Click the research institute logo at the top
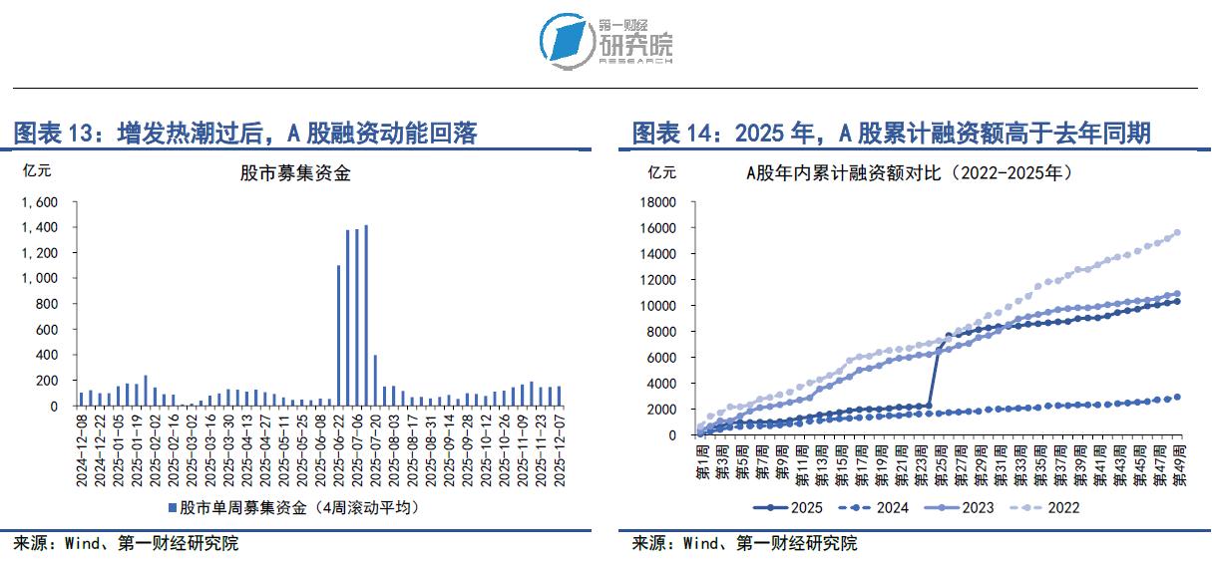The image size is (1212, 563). [x=606, y=40]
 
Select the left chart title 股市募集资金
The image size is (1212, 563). [x=295, y=173]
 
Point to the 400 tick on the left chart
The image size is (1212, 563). [x=48, y=355]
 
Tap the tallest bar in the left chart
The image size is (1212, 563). [x=366, y=315]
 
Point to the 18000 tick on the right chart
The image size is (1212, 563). [x=659, y=201]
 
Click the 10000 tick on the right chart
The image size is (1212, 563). [x=659, y=305]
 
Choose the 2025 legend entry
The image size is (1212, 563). [x=787, y=508]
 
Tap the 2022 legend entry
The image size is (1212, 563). [x=1046, y=508]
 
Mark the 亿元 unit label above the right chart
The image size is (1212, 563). [x=662, y=170]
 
